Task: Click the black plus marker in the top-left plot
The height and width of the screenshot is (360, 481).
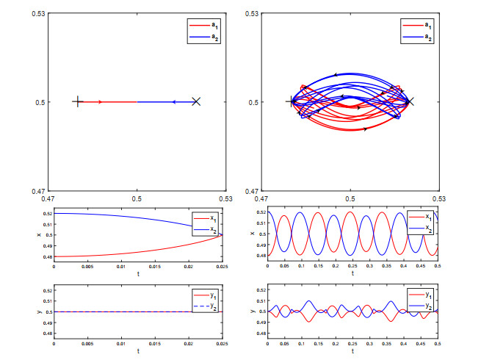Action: (x=78, y=102)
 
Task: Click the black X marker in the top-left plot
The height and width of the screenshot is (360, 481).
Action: (x=195, y=102)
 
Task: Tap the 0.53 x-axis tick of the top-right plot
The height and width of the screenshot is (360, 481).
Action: (x=439, y=198)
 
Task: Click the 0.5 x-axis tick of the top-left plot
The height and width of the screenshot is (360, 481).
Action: (x=137, y=198)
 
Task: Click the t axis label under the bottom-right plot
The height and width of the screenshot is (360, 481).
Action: (x=352, y=353)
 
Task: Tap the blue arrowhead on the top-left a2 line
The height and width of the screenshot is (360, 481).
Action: (x=173, y=102)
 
